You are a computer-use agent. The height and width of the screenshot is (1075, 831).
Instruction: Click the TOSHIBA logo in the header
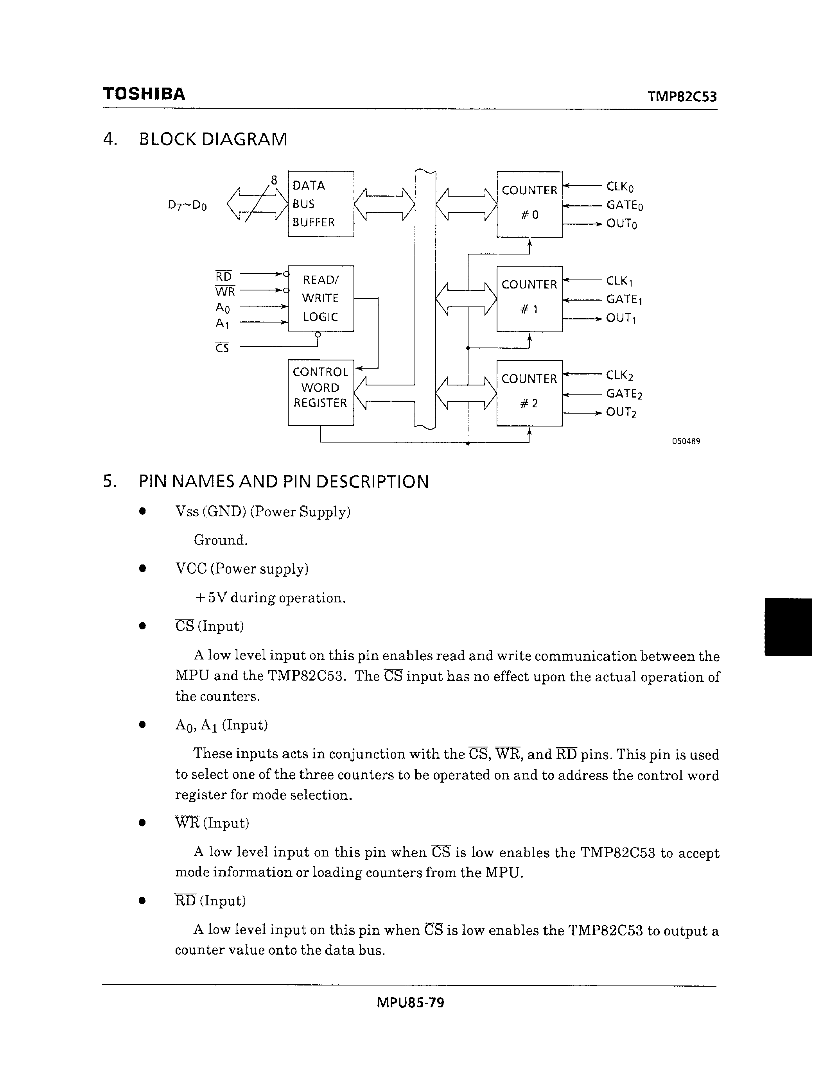pyautogui.click(x=144, y=93)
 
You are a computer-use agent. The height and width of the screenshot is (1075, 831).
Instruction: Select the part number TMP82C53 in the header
pyautogui.click(x=682, y=97)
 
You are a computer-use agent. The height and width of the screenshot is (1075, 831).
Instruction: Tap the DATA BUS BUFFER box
pyautogui.click(x=321, y=204)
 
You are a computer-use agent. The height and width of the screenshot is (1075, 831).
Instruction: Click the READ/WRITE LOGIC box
pyautogui.click(x=321, y=298)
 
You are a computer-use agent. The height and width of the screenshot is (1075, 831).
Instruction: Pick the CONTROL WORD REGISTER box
pyautogui.click(x=321, y=392)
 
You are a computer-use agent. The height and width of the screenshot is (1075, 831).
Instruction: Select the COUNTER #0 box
pyautogui.click(x=529, y=204)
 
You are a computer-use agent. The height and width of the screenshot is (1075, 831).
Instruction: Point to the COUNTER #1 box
pyautogui.click(x=529, y=298)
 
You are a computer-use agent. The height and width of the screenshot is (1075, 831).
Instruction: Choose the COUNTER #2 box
pyautogui.click(x=529, y=392)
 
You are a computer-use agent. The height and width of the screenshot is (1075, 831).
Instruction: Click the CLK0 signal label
pyautogui.click(x=620, y=187)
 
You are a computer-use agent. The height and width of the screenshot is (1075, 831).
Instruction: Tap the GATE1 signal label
pyautogui.click(x=624, y=299)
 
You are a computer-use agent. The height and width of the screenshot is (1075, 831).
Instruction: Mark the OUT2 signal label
pyautogui.click(x=621, y=412)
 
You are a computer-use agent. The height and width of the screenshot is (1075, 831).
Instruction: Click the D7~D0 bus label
pyautogui.click(x=187, y=205)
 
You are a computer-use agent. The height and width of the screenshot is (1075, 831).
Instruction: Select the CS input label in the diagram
pyautogui.click(x=222, y=348)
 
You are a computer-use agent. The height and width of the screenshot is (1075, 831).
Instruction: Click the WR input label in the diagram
pyautogui.click(x=225, y=291)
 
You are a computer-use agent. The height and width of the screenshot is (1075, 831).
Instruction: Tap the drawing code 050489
pyautogui.click(x=686, y=441)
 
